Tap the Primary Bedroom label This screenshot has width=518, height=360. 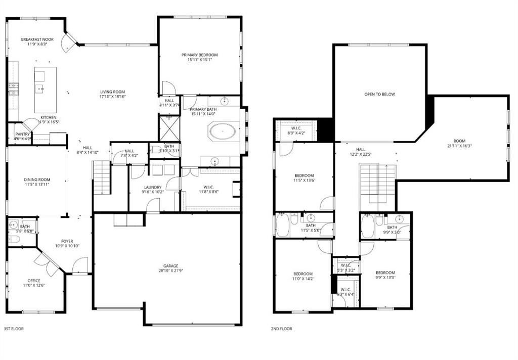pos(200,55)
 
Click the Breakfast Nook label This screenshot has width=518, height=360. pos(37,39)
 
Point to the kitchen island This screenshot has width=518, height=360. pos(45,89)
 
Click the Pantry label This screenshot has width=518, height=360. pos(22,134)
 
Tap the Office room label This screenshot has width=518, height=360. pos(34,281)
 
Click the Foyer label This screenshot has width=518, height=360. pos(67,241)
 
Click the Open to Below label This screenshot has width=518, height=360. pos(379,95)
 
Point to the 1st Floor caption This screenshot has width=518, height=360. pos(14,329)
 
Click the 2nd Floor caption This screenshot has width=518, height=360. pos(281,329)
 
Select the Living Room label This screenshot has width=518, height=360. pos(112,92)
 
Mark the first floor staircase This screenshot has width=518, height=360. pos(102,177)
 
